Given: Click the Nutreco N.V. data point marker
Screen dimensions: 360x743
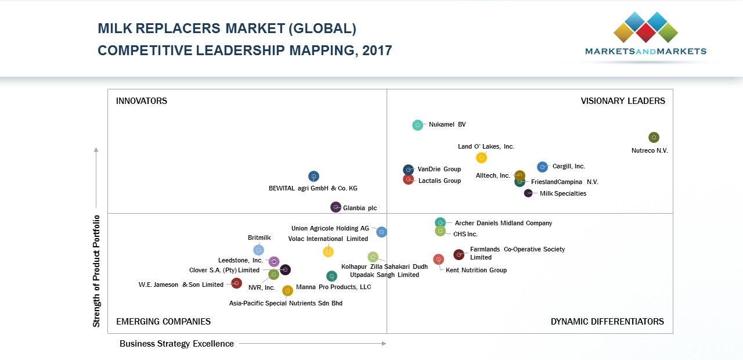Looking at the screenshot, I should [654, 138].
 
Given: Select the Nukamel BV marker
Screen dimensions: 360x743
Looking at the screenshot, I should [418, 125].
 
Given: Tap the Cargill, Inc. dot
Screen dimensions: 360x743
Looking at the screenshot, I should [542, 167].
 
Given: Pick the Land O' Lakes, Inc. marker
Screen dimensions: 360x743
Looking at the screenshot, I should [481, 157].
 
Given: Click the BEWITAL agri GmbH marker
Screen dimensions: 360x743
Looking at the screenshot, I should [313, 176].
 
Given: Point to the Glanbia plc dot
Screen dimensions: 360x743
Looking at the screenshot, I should [336, 207].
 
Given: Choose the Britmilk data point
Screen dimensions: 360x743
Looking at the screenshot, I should [259, 250].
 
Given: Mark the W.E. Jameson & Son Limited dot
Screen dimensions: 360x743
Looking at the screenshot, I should [236, 283].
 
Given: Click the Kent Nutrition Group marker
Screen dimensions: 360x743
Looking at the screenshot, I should [438, 259].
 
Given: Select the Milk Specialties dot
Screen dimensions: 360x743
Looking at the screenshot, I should [528, 193].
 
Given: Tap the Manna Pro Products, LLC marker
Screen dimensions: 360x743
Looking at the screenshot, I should [331, 276].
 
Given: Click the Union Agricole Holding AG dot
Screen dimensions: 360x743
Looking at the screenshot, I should [381, 232].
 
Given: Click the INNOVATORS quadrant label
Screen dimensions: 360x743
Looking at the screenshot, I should [142, 101].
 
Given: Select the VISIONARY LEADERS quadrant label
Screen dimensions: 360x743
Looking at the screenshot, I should [623, 101].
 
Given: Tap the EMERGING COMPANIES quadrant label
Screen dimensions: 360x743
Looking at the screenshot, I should [163, 322].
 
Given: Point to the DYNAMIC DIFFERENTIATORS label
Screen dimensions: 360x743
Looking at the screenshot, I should [607, 322].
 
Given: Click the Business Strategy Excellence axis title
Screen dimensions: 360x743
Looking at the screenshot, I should [176, 344].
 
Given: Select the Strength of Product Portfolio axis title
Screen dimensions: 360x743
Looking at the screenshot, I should [97, 271].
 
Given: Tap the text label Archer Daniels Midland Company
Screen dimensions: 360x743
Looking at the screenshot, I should [503, 223].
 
